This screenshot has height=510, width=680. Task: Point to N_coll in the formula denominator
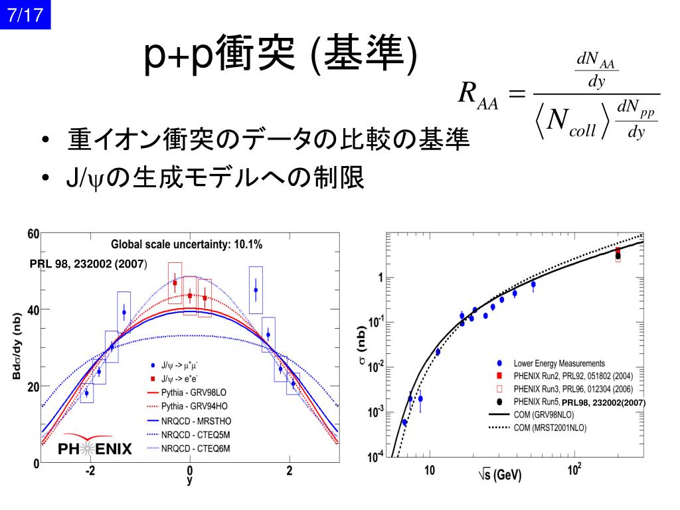pyautogui.click(x=572, y=122)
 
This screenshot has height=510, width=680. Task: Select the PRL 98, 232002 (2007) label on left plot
pyautogui.click(x=88, y=264)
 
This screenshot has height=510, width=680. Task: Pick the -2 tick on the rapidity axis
pyautogui.click(x=90, y=471)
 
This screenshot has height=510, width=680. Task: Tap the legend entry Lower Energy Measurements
pyautogui.click(x=559, y=363)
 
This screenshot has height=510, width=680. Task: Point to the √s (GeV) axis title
pyautogui.click(x=500, y=475)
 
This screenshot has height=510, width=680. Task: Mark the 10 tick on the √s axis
pyautogui.click(x=430, y=471)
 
